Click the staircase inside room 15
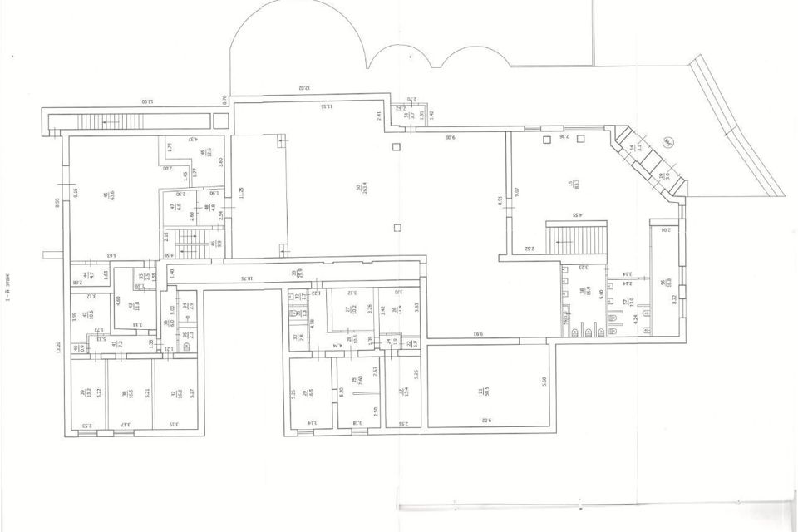click(573, 239)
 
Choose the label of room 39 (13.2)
click(84, 393)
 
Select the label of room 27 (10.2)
click(348, 310)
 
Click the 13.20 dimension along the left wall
click(59, 348)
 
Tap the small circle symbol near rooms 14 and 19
click(667, 142)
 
